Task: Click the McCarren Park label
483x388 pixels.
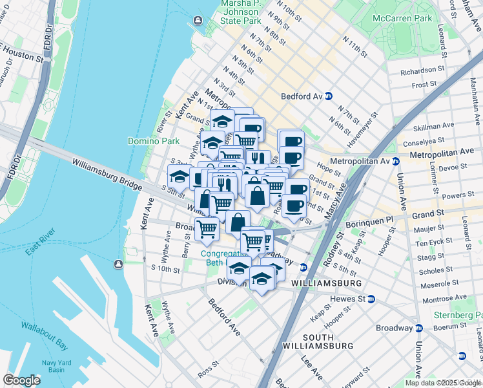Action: click(406, 19)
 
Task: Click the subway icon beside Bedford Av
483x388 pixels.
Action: click(328, 96)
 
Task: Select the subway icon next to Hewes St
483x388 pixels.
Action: click(381, 299)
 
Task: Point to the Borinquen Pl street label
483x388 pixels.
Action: click(369, 220)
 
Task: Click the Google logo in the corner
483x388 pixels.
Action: click(21, 380)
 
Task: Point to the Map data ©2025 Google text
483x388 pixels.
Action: click(442, 383)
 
